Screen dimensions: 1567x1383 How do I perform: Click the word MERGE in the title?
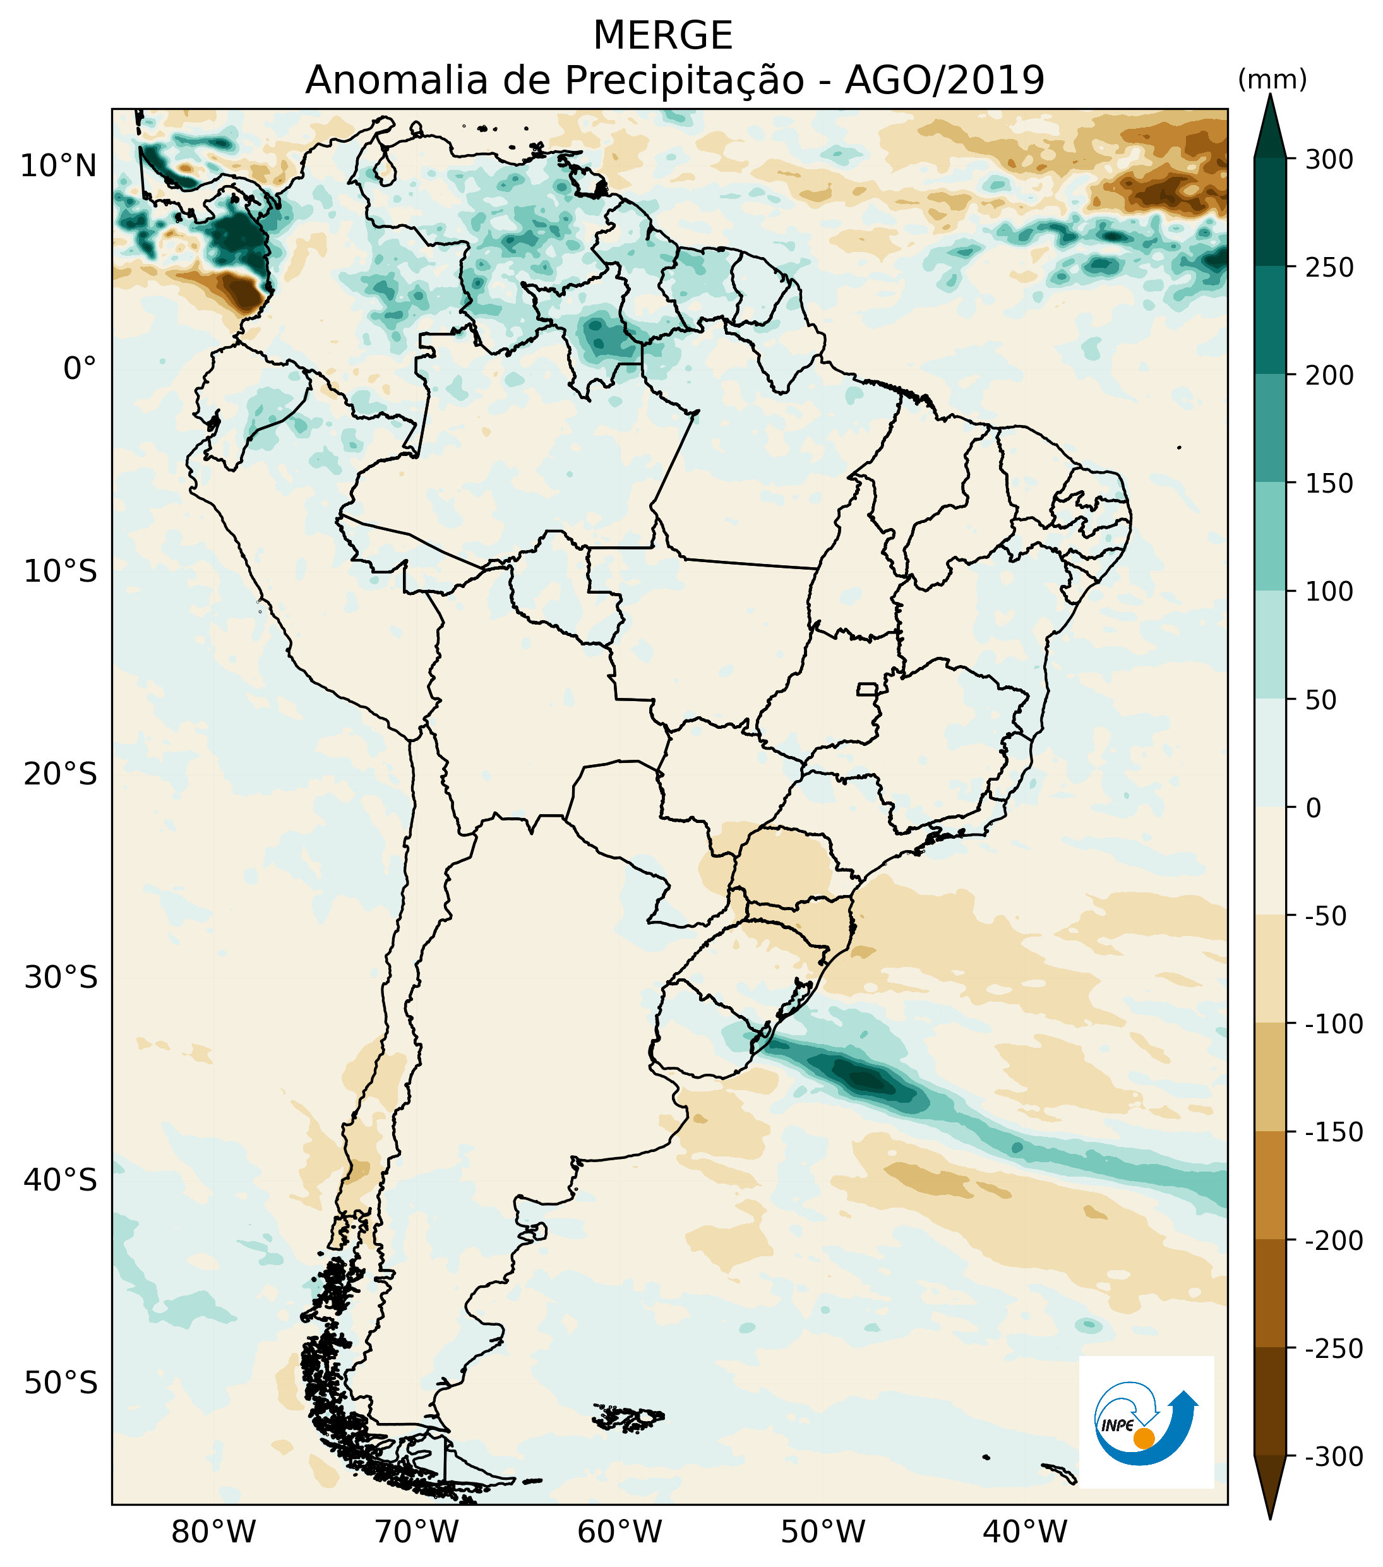663,36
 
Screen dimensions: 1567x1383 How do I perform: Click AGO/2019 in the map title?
945,80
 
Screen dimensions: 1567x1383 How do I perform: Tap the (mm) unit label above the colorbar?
1272,79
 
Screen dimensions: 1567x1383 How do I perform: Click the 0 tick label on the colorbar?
1314,807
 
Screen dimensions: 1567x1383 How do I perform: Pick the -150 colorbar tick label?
1334,1132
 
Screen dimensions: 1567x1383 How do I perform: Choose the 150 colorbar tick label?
1329,484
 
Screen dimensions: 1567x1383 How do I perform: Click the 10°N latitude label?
59,165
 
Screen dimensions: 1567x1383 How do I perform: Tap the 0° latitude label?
80,369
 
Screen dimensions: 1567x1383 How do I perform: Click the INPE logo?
1146,1422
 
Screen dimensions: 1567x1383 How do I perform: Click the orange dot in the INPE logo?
1144,1438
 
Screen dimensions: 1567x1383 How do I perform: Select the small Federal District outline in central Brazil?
866,689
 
